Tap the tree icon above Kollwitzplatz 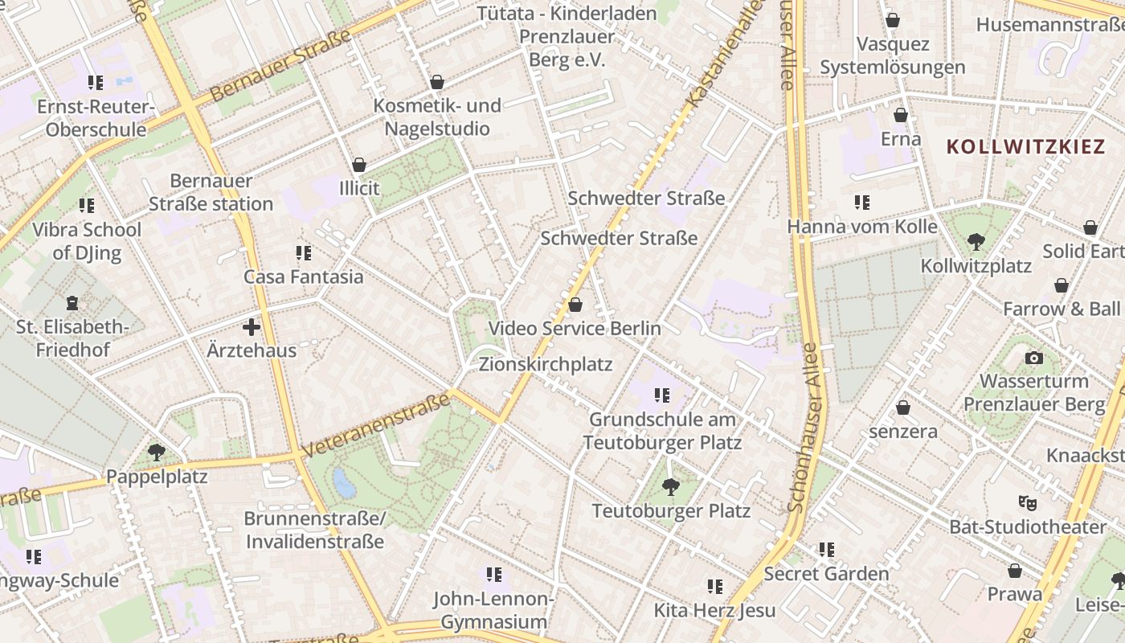coord(976,240)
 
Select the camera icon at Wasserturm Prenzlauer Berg coord(1034,358)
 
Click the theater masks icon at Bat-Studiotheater coord(1027,503)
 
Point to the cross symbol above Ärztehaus coord(252,327)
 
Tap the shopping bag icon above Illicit coord(359,165)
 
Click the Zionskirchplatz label coord(546,364)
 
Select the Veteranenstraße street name coord(375,425)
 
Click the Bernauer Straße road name coord(281,66)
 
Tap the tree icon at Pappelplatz coord(157,453)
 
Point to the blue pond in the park coord(344,483)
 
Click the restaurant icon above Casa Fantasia coord(304,253)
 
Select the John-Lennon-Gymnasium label coord(493,610)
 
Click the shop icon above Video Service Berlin coord(575,305)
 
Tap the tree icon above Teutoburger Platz coord(670,486)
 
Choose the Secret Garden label coord(826,573)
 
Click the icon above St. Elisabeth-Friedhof coord(73,303)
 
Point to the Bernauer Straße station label coord(211,192)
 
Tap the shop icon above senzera coord(903,408)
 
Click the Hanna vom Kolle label coord(862,227)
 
